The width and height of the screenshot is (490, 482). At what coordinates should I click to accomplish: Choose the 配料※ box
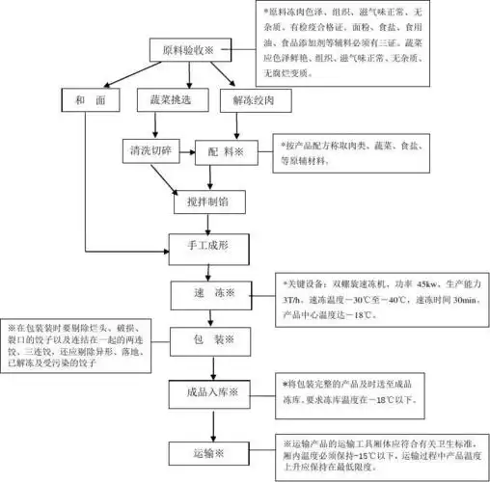coord(226,151)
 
